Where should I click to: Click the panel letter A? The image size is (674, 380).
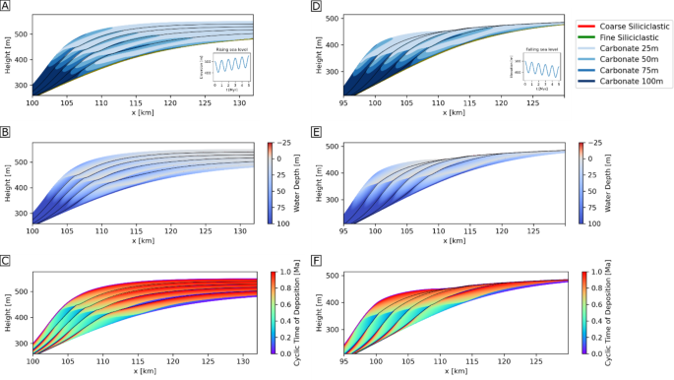pyautogui.click(x=8, y=7)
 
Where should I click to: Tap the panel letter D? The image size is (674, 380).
pyautogui.click(x=315, y=7)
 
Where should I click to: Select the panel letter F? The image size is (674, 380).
pyautogui.click(x=315, y=261)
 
